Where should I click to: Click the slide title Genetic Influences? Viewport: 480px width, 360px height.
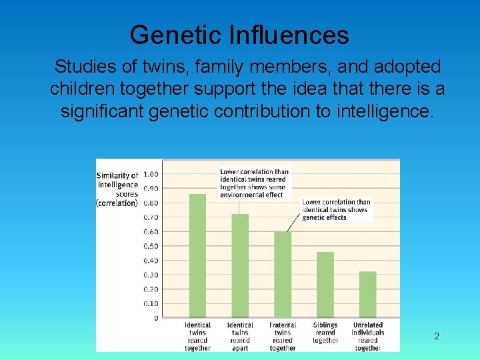tap(239, 35)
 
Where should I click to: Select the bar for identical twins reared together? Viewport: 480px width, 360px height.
tap(197, 256)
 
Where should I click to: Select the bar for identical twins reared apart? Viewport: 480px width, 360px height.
tap(240, 266)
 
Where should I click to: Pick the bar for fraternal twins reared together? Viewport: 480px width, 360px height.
tap(283, 275)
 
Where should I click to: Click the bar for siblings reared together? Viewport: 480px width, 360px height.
tap(325, 285)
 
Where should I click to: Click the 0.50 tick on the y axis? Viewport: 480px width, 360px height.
tap(151, 246)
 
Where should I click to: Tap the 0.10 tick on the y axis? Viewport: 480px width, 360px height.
tap(151, 303)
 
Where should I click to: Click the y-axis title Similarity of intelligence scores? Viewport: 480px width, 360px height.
tap(117, 189)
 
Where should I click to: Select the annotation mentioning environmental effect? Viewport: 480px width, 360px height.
tap(253, 183)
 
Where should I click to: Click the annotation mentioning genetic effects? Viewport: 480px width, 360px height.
tap(336, 210)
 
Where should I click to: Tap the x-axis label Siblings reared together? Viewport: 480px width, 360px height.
tap(325, 333)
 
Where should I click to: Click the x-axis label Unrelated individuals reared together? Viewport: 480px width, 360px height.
tap(368, 337)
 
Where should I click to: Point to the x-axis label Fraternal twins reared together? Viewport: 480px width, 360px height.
tap(283, 337)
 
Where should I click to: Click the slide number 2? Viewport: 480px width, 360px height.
tap(437, 337)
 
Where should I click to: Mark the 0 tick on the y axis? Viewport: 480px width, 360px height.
tap(156, 318)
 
